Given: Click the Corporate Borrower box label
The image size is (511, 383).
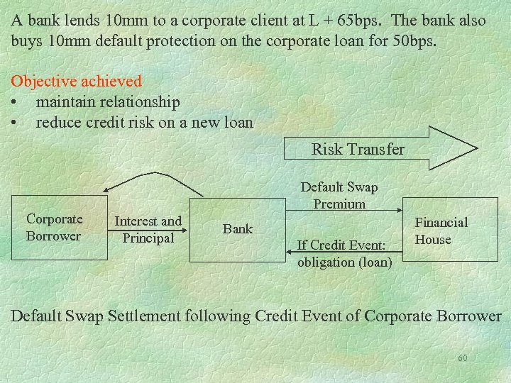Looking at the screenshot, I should point(54,228).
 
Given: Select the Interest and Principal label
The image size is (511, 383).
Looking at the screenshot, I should point(148,229).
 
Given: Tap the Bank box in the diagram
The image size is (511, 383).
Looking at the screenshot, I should point(238,228).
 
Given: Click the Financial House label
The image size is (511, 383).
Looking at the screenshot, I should point(441,231).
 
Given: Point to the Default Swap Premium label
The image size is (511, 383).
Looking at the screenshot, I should point(339,195).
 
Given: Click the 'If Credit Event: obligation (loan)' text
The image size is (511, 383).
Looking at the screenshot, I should point(344,253).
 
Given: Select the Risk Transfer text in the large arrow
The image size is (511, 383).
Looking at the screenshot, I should point(358,149).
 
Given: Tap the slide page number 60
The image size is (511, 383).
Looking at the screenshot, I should point(462,358).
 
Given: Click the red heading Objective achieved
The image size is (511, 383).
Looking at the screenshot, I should point(76,82).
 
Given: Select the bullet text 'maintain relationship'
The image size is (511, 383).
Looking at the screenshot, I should point(108,102).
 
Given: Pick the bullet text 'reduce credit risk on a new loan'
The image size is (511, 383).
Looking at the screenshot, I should point(144,122).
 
